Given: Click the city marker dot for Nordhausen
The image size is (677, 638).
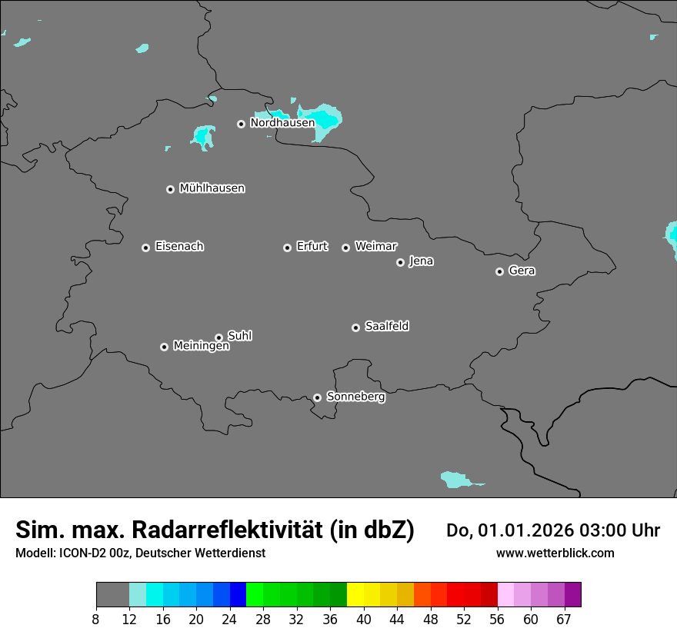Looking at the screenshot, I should pyautogui.click(x=241, y=124).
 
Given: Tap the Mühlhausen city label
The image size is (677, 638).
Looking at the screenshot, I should pyautogui.click(x=212, y=188).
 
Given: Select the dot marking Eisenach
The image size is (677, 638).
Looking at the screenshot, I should pyautogui.click(x=145, y=248).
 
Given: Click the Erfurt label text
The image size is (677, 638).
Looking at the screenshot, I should pyautogui.click(x=312, y=247).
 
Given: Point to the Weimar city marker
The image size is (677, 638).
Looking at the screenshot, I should pyautogui.click(x=345, y=248).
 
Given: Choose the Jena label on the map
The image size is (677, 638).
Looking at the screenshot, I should pyautogui.click(x=421, y=261).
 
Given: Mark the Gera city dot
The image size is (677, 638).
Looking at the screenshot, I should pyautogui.click(x=499, y=271).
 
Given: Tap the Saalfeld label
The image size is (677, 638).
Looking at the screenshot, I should pyautogui.click(x=386, y=327).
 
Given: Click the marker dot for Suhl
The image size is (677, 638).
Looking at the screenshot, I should pyautogui.click(x=218, y=337).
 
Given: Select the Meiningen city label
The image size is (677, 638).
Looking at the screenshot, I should pyautogui.click(x=201, y=347).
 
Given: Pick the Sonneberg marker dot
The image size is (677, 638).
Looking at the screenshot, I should pyautogui.click(x=317, y=397).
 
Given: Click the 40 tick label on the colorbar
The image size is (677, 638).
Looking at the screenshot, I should pyautogui.click(x=363, y=619).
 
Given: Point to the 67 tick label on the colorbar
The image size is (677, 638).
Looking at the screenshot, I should pyautogui.click(x=564, y=619).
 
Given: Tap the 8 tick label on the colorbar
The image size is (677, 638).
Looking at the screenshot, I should pyautogui.click(x=96, y=619).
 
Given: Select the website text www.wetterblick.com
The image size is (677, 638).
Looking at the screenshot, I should pyautogui.click(x=555, y=553).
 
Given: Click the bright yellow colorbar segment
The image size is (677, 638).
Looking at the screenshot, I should pyautogui.click(x=355, y=595).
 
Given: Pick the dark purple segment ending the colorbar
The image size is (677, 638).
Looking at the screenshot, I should pyautogui.click(x=572, y=595).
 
